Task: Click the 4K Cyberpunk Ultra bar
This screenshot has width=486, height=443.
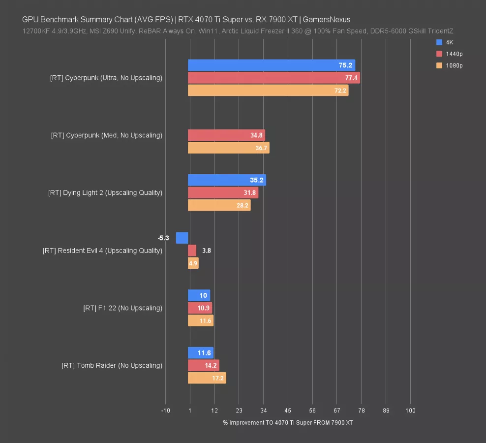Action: (x=271, y=65)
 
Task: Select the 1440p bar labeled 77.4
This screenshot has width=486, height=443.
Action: (x=273, y=78)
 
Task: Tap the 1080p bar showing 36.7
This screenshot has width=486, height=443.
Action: (x=228, y=148)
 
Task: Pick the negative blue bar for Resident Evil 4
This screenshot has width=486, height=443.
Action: (x=182, y=238)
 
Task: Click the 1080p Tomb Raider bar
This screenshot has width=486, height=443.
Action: (x=207, y=378)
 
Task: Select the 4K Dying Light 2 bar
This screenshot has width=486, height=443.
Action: (x=227, y=180)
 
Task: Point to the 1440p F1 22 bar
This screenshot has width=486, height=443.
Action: (x=200, y=308)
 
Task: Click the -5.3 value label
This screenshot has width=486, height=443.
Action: (x=163, y=238)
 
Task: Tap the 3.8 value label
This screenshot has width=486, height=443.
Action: (x=207, y=251)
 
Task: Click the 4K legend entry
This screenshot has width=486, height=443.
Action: (x=445, y=42)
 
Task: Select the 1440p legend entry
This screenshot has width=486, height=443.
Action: (x=449, y=54)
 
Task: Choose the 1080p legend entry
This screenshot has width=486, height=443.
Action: (x=449, y=65)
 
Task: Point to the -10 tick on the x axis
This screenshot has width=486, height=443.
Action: (x=165, y=411)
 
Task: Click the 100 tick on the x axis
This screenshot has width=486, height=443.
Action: (x=410, y=411)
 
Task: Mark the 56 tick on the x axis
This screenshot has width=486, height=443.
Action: (x=312, y=411)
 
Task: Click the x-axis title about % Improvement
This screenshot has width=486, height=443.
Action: (x=288, y=423)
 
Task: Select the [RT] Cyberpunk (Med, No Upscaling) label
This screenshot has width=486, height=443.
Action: (x=106, y=135)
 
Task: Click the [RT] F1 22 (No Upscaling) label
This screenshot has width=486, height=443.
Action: (x=122, y=308)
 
